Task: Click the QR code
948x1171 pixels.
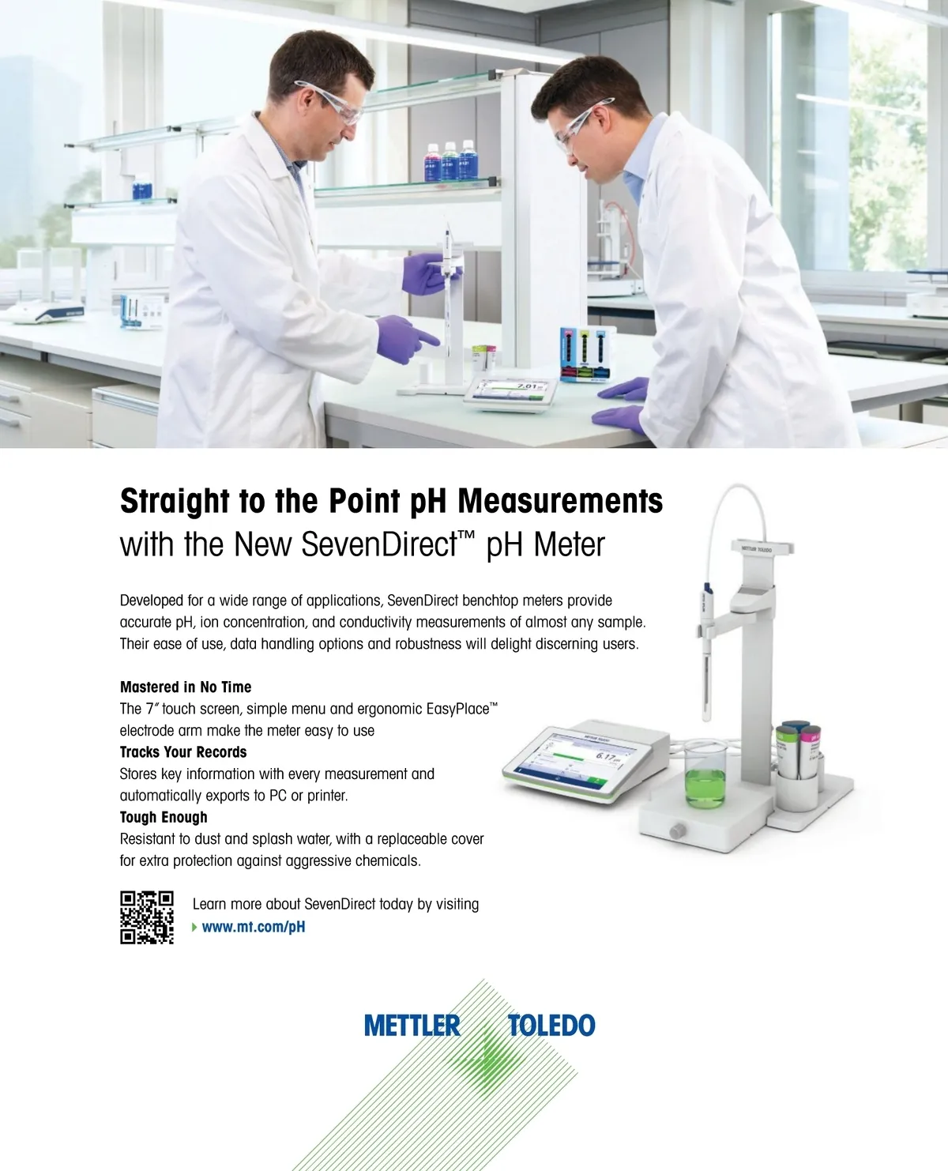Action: (x=147, y=917)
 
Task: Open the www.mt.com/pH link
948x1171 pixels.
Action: (x=254, y=927)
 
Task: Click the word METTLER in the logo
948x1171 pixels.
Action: (x=412, y=1026)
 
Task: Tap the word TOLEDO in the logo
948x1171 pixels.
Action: (x=551, y=1026)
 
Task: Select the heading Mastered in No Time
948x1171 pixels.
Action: (x=185, y=687)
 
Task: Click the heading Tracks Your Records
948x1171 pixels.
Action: (x=183, y=751)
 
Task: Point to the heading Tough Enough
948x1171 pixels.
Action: (x=164, y=817)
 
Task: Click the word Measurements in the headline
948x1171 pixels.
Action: (x=560, y=501)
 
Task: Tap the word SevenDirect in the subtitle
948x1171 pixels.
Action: (x=379, y=544)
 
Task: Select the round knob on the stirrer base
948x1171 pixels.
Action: (x=678, y=830)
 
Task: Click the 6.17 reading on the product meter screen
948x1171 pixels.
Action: (x=606, y=756)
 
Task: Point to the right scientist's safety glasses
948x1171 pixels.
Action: (x=579, y=123)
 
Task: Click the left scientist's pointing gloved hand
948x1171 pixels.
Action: (x=406, y=339)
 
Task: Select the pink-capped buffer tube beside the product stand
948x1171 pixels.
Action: (x=810, y=751)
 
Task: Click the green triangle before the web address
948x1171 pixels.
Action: (x=194, y=927)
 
